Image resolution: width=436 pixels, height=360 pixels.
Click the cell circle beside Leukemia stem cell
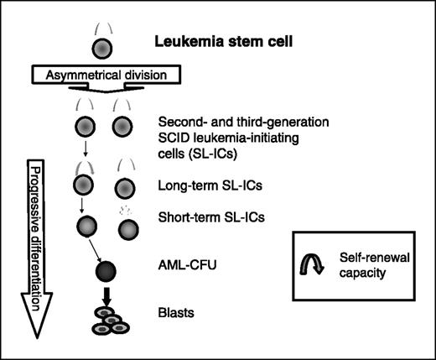(x=99, y=44)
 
